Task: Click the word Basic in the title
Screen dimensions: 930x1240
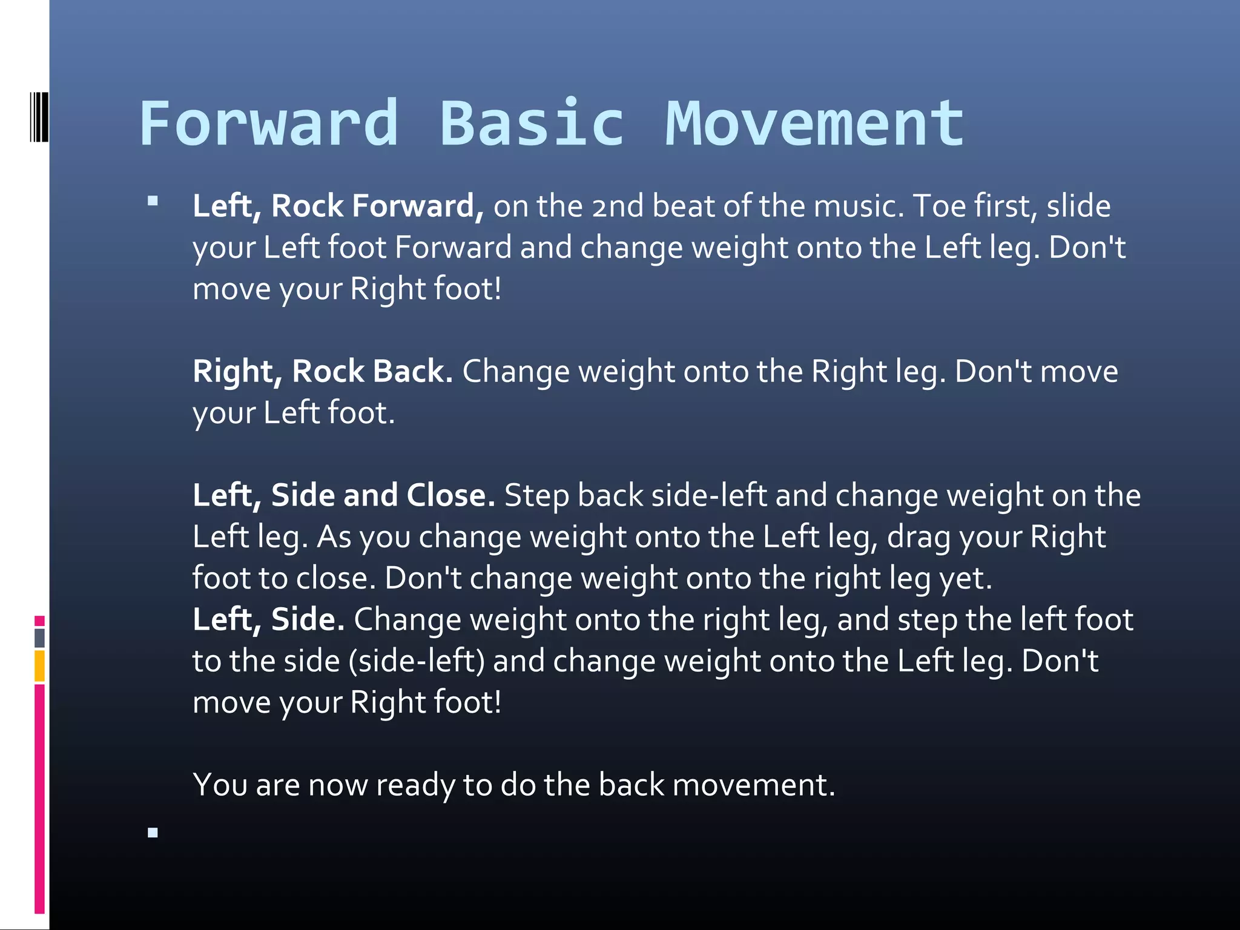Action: [x=531, y=124]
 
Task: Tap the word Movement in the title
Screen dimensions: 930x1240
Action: [x=814, y=124]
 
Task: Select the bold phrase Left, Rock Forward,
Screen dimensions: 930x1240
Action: [x=338, y=206]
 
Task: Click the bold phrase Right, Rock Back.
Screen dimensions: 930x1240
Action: [x=322, y=371]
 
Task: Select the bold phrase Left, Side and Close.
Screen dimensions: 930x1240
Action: [x=343, y=495]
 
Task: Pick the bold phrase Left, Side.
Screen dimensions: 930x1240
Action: [x=268, y=619]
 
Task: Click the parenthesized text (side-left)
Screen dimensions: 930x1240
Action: [x=417, y=661]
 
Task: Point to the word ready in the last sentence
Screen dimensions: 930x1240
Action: [x=415, y=785]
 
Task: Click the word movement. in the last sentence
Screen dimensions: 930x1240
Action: [x=753, y=785]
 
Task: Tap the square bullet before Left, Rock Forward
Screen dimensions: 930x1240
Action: [x=153, y=201]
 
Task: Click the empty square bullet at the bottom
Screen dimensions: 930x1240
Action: [x=153, y=833]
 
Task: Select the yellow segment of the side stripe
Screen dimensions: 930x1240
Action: [x=39, y=666]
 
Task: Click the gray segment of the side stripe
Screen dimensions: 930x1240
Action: [x=39, y=638]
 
